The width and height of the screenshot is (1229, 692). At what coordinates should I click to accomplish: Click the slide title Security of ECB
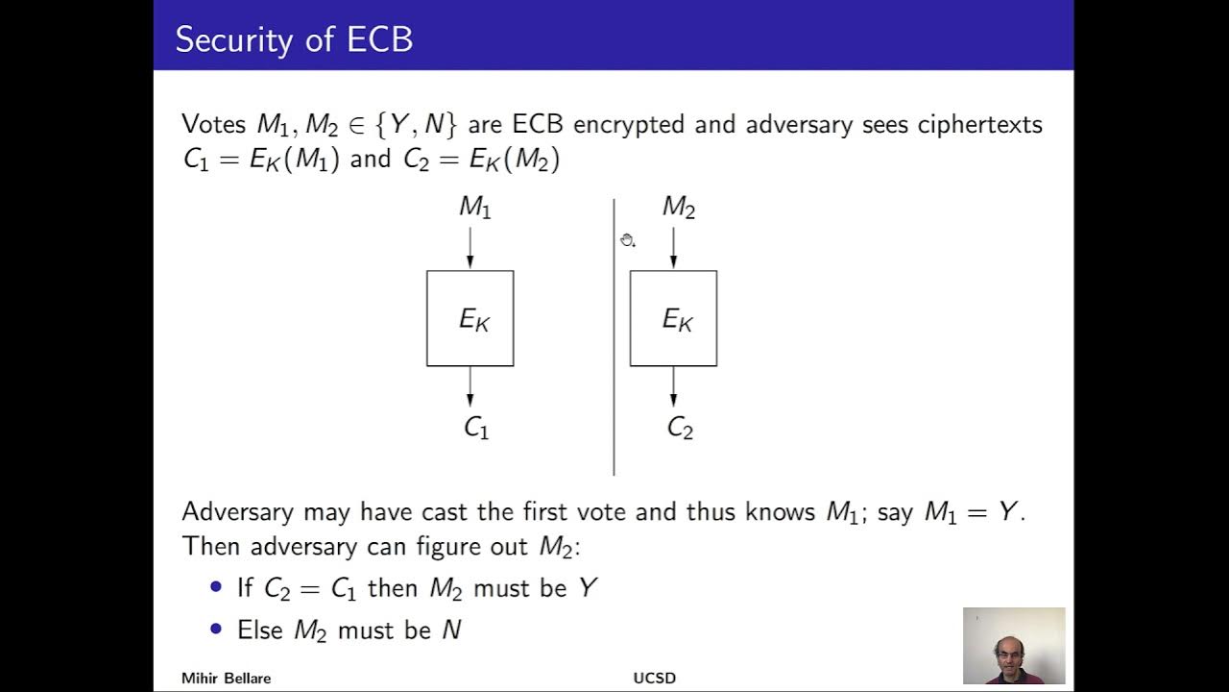294,39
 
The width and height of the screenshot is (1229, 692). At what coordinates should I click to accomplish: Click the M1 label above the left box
474,207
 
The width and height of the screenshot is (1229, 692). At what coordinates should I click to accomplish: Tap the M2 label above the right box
678,207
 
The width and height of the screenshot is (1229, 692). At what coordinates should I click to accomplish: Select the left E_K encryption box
470,318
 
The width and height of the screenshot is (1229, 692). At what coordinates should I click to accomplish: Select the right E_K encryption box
673,318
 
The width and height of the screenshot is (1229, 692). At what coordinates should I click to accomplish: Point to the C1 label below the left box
476,428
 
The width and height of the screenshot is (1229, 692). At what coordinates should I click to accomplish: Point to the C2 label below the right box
680,428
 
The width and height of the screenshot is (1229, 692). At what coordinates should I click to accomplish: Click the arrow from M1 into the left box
470,247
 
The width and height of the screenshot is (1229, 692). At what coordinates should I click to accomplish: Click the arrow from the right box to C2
673,387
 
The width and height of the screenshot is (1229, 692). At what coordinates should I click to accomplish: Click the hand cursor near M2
627,240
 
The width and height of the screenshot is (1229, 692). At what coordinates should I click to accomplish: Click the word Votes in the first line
213,125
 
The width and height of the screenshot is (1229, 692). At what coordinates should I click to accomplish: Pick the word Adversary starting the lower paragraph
238,512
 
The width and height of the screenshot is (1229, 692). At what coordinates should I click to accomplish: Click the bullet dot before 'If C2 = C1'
215,587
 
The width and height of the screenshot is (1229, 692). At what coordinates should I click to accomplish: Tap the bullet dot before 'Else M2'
215,630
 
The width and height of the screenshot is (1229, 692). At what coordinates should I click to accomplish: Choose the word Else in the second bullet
260,630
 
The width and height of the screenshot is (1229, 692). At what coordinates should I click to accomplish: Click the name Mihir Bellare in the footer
227,679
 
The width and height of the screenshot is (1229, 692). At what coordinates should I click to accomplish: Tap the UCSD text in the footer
654,679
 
